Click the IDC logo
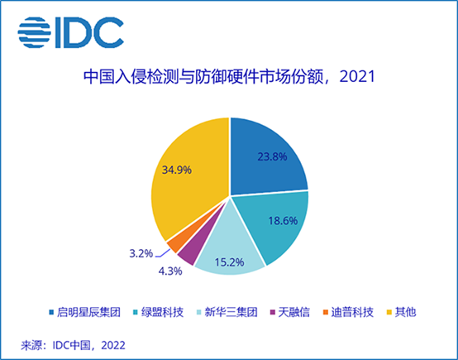tap(71, 32)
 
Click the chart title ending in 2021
tap(229, 77)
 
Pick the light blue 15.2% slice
tap(229, 252)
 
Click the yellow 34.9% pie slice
tap(187, 175)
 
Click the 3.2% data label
tap(141, 253)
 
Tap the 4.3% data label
tap(170, 271)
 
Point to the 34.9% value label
tap(177, 170)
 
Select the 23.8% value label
tap(272, 156)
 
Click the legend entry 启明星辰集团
tap(85, 312)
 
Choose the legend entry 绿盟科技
tap(158, 312)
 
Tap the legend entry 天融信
tap(289, 312)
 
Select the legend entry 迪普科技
tap(348, 312)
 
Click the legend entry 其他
tap(401, 312)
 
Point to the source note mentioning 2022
tap(73, 345)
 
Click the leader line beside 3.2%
tap(163, 254)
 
